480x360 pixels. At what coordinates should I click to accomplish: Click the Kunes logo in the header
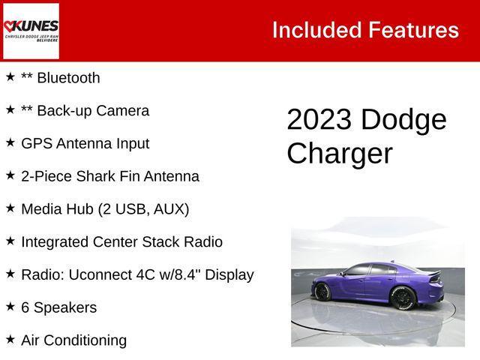click(31, 30)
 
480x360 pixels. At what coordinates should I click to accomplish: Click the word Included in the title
click(316, 30)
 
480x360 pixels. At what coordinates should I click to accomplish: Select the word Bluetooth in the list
click(68, 78)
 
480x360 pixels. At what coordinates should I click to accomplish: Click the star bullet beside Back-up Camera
click(10, 110)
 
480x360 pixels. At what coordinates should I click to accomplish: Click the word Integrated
click(55, 242)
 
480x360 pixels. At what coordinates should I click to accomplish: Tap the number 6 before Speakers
click(25, 307)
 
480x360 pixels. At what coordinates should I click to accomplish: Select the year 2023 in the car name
click(319, 120)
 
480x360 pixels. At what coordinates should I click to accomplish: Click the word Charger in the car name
click(339, 154)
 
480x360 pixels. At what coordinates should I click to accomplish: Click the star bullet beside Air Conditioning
click(10, 340)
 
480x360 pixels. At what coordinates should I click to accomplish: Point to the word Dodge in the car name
click(403, 120)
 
